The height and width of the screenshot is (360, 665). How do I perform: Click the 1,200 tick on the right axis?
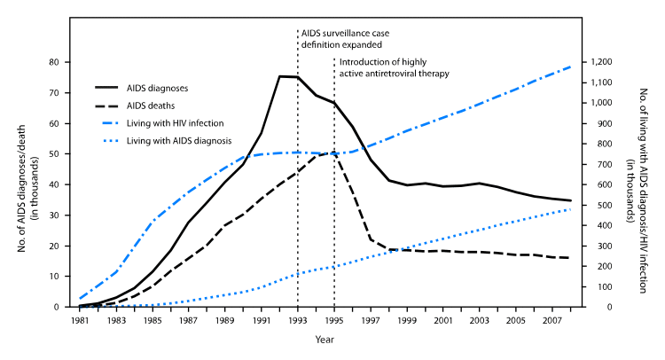pos(593,62)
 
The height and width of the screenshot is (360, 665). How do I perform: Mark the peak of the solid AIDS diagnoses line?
pos(280,76)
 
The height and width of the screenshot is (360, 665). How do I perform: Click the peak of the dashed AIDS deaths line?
pos(333,153)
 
